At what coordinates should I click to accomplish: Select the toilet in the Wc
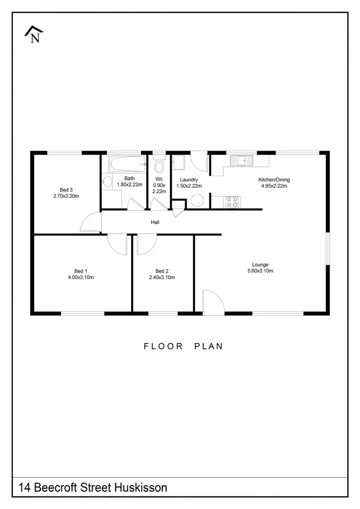pyautogui.click(x=159, y=165)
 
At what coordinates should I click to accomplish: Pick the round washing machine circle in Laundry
pyautogui.click(x=198, y=201)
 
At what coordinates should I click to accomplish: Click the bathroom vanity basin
pyautogui.click(x=107, y=182)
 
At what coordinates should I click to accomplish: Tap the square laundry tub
pyautogui.click(x=179, y=164)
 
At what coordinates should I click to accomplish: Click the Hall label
pyautogui.click(x=155, y=222)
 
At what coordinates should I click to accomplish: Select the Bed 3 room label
pyautogui.click(x=66, y=189)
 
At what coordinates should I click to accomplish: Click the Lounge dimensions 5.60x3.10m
pyautogui.click(x=260, y=271)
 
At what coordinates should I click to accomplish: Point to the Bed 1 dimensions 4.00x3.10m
pyautogui.click(x=81, y=277)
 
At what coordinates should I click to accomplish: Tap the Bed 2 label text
pyautogui.click(x=161, y=271)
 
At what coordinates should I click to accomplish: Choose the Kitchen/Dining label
pyautogui.click(x=274, y=180)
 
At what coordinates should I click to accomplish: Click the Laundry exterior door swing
pyautogui.click(x=199, y=163)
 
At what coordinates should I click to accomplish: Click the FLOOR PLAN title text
pyautogui.click(x=183, y=346)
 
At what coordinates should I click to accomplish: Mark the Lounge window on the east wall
pyautogui.click(x=328, y=249)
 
